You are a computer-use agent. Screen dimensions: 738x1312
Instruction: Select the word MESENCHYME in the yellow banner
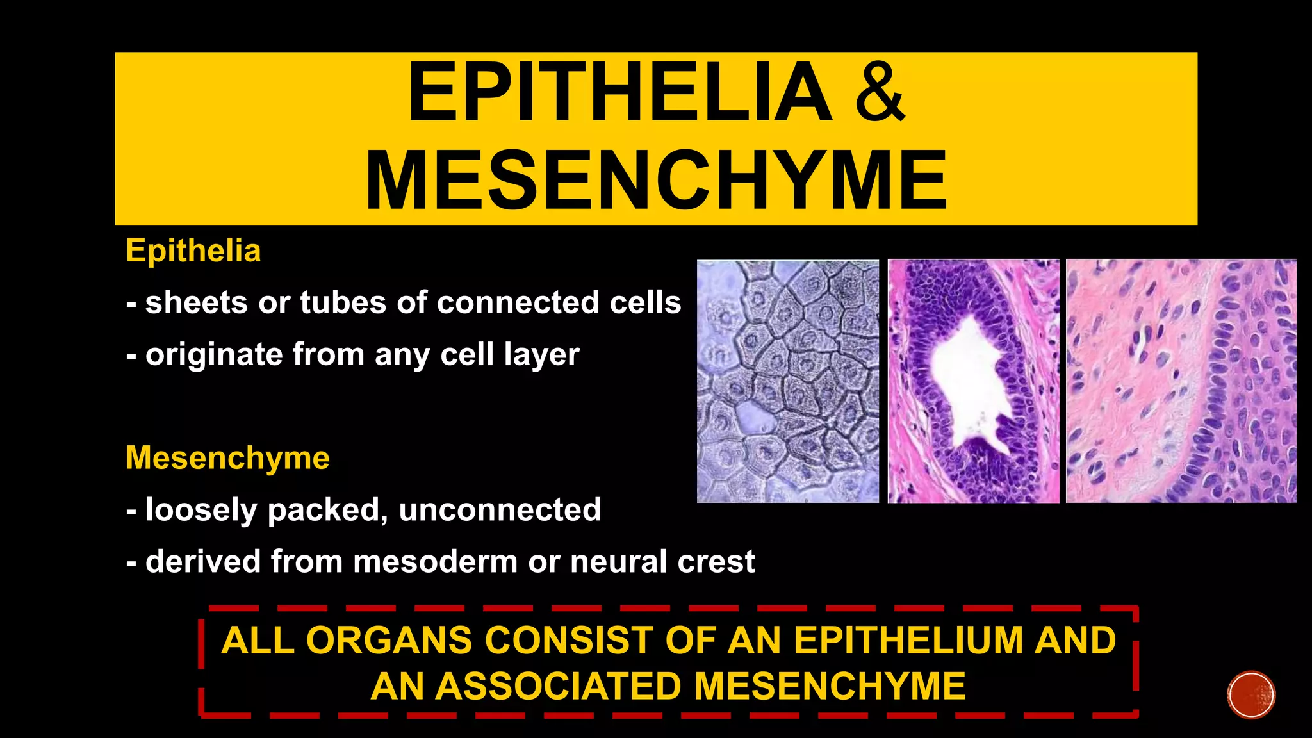pos(656,180)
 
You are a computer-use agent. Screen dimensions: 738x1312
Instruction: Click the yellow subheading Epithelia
pos(193,250)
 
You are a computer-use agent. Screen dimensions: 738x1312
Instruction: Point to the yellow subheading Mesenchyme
pos(227,458)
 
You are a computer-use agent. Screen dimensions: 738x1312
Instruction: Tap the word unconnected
pos(500,510)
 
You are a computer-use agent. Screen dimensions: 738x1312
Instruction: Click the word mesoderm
pos(435,562)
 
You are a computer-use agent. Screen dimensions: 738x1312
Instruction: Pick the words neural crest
pos(662,562)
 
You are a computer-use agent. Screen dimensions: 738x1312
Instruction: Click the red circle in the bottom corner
pos(1251,695)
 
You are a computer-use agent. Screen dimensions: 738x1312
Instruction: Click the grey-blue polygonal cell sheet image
pos(788,381)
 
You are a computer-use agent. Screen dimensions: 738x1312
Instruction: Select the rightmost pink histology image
pos(1181,381)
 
